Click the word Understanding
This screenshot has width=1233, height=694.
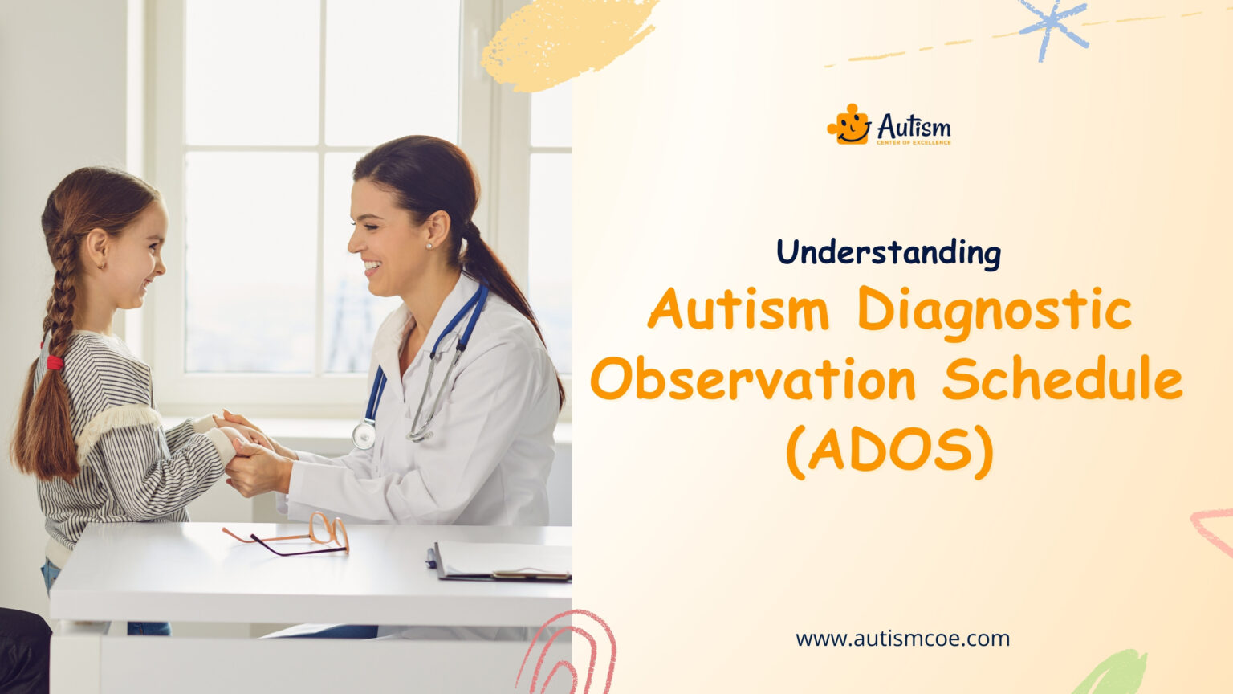[x=888, y=253]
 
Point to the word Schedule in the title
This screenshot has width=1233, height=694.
[x=1062, y=380]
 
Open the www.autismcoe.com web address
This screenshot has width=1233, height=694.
[x=902, y=639]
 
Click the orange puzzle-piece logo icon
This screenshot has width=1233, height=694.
[x=849, y=125]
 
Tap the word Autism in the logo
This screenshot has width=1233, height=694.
[x=914, y=125]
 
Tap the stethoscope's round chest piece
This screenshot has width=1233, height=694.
[x=364, y=435]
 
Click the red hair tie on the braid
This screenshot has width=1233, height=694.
[x=55, y=362]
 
